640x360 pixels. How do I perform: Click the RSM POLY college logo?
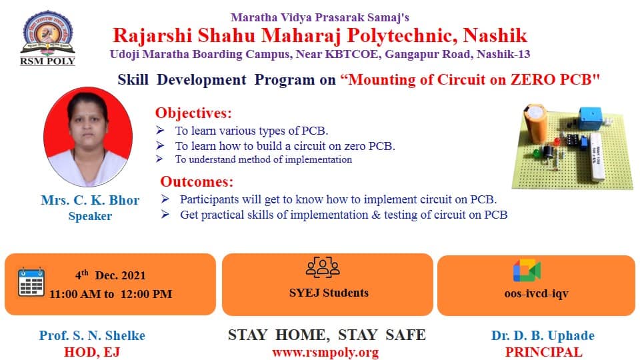(47, 37)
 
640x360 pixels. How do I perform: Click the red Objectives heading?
(193, 113)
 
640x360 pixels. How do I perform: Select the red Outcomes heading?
(197, 181)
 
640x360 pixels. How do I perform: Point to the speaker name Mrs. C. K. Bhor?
(90, 200)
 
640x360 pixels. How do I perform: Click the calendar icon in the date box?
(31, 282)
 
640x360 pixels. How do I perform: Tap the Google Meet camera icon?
(527, 270)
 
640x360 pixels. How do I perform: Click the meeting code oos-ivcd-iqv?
(536, 293)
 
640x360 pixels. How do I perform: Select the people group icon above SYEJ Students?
(323, 267)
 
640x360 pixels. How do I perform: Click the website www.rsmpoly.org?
(325, 352)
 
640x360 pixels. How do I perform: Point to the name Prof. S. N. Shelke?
(92, 335)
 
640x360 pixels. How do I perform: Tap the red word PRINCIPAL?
(544, 352)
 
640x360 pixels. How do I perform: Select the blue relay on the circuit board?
(590, 117)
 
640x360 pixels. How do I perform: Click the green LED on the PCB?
(536, 154)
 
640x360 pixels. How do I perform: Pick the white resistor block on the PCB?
(597, 156)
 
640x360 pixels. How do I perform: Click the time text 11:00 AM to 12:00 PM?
(111, 294)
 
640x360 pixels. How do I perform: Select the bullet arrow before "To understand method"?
(159, 159)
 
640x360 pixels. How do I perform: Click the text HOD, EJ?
(92, 352)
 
